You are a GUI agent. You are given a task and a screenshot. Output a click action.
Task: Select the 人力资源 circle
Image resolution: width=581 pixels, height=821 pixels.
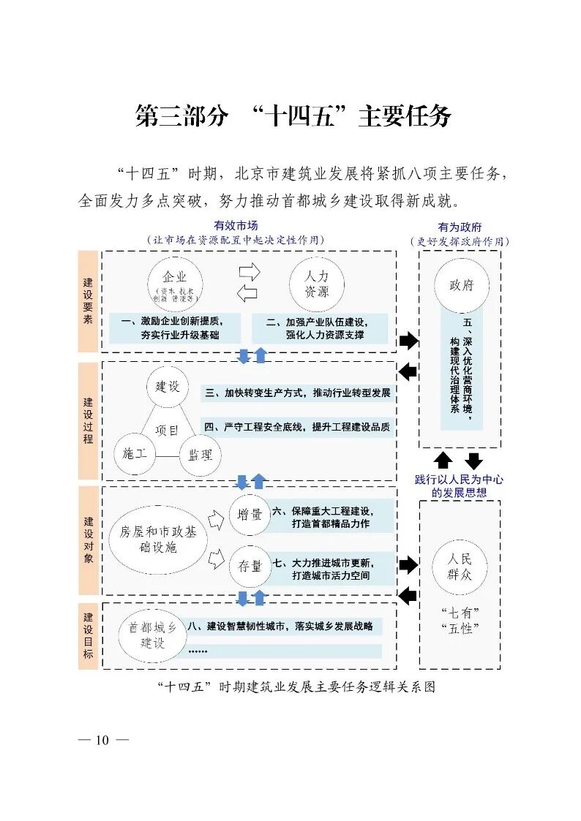click(316, 284)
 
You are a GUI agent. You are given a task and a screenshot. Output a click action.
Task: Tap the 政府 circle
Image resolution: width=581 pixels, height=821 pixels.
click(461, 284)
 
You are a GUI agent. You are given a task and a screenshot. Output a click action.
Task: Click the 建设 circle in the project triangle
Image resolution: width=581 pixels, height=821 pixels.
click(167, 387)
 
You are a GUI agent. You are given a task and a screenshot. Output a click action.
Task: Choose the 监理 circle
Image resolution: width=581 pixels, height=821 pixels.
click(200, 455)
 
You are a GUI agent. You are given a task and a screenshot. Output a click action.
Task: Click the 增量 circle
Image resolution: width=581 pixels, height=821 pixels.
click(250, 515)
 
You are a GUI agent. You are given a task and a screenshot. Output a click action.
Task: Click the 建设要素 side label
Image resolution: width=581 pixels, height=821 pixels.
click(88, 301)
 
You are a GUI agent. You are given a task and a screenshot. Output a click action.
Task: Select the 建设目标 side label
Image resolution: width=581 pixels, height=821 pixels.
click(88, 635)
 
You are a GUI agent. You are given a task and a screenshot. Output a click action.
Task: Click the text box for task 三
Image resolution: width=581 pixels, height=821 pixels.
click(297, 393)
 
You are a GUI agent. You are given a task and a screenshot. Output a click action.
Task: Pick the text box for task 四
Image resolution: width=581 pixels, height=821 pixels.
click(297, 427)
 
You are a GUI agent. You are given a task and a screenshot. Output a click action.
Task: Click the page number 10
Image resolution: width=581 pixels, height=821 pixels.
click(102, 741)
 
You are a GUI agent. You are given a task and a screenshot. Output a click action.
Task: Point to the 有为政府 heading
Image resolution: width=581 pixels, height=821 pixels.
click(460, 227)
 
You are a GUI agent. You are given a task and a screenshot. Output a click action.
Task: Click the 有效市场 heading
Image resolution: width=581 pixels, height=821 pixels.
click(236, 226)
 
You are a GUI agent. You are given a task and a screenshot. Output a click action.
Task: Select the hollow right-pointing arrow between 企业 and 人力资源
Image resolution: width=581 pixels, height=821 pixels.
click(250, 272)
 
